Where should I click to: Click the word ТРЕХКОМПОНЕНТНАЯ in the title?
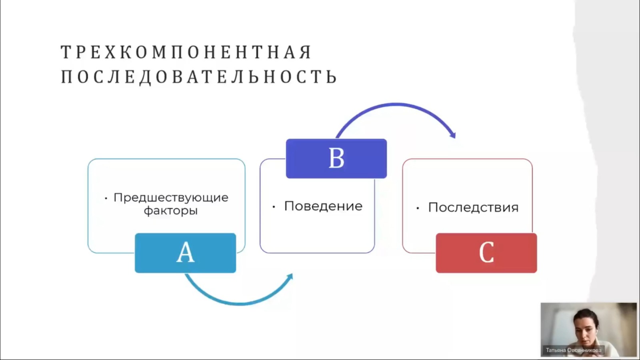point(186,52)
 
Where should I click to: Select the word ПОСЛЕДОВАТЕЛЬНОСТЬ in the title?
point(199,76)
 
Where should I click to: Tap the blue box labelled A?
point(186,253)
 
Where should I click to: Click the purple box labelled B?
point(336,158)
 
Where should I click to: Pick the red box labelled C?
point(486,253)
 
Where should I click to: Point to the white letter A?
point(186,252)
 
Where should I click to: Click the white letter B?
point(336,158)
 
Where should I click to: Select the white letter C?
point(486,252)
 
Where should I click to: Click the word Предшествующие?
point(171,198)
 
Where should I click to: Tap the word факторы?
point(170,211)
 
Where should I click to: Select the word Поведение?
point(323,206)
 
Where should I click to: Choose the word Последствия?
point(473,208)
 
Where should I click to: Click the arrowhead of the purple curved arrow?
point(452,134)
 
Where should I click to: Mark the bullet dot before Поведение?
point(274,207)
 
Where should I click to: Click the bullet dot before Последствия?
point(418,208)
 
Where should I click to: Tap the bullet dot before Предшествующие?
point(106,198)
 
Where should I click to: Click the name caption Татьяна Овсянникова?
point(574,350)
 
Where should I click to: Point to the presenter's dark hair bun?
point(586,316)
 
